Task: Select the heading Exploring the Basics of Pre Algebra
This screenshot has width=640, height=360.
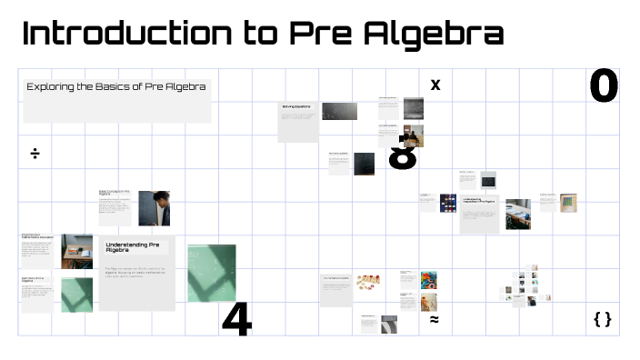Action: (116, 87)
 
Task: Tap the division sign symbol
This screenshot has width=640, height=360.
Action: (35, 153)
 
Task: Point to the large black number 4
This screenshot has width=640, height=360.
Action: (236, 319)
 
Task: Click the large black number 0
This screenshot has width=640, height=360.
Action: (604, 86)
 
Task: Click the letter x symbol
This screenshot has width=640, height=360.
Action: (435, 85)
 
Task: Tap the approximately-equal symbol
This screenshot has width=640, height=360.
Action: (435, 319)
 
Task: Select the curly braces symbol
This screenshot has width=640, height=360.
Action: (602, 319)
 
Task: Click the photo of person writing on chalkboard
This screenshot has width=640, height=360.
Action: (154, 208)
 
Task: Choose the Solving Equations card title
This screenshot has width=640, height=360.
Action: (296, 107)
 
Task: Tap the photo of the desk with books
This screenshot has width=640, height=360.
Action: (518, 214)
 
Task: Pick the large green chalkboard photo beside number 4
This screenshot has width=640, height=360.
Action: (211, 273)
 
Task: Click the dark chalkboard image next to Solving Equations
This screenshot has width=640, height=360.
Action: (339, 111)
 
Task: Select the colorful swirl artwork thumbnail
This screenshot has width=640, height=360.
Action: (429, 278)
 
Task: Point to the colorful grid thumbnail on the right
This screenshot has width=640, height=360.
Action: (568, 202)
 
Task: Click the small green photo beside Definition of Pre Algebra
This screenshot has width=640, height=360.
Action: (77, 295)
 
